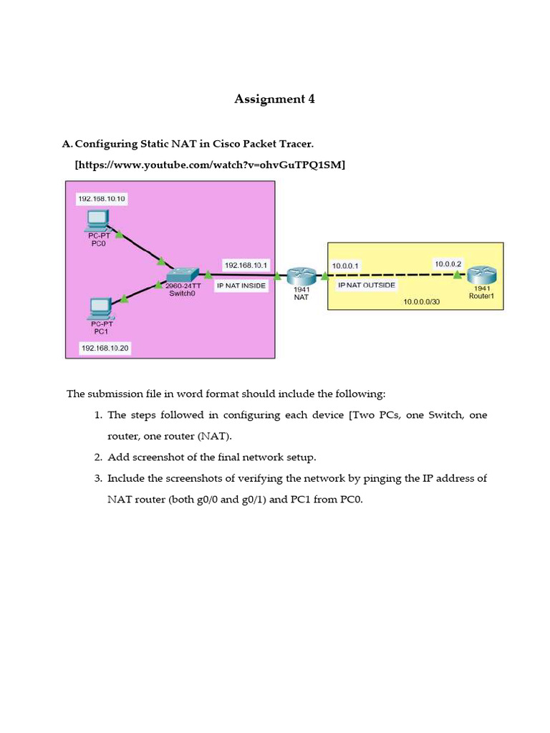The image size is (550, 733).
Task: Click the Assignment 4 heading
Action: coord(274,99)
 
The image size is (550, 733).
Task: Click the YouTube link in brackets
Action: coord(210,165)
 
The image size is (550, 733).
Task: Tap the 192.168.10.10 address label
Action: coord(103,198)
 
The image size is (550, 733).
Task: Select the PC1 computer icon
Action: coord(98,308)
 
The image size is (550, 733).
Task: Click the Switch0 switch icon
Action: coord(182,276)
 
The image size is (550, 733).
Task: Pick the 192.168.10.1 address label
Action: coord(246,265)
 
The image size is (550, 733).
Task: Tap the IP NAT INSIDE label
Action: coord(241,285)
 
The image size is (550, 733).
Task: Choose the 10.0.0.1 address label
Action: coord(347,266)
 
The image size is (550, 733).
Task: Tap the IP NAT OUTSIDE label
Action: coord(367,284)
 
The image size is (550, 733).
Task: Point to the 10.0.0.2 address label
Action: coord(448,264)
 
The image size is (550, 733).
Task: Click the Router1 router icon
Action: coord(481,275)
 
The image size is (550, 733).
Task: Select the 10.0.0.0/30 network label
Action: coord(421,302)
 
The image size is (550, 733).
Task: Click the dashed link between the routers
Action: coord(387,274)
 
